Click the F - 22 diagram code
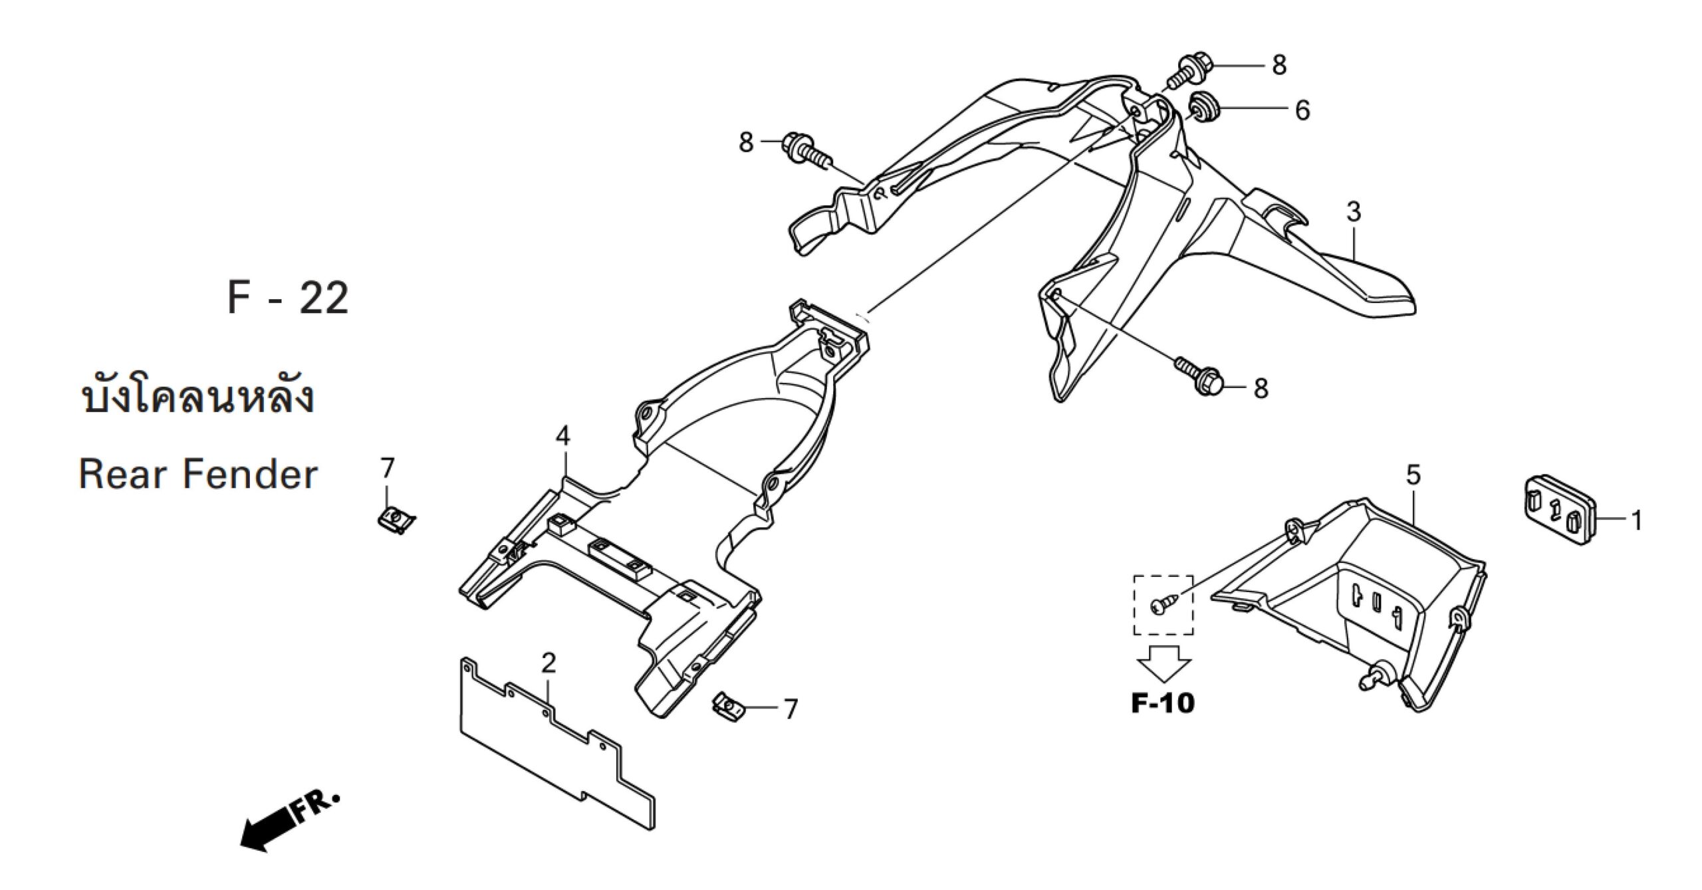(287, 299)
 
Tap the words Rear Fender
(198, 475)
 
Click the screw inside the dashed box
(1162, 604)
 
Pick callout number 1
(1637, 520)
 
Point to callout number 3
(1354, 212)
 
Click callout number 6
(1301, 110)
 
